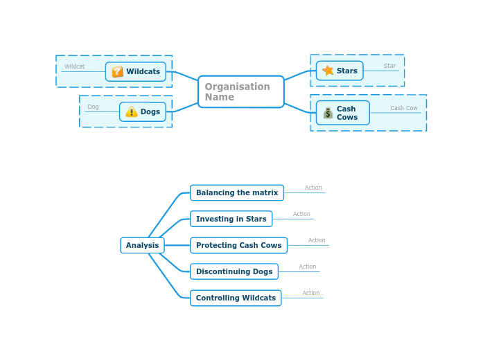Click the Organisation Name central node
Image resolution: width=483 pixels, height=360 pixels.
point(240,91)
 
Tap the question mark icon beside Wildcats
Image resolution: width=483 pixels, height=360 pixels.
point(117,71)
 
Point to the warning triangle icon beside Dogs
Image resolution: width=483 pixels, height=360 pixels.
point(131,111)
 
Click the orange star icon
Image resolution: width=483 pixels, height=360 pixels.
point(328,71)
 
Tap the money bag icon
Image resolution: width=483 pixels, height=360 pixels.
point(328,113)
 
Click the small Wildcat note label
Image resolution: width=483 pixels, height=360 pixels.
point(74,66)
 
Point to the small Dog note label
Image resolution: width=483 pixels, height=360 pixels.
point(93,107)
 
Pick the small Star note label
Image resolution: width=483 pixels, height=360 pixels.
point(389,66)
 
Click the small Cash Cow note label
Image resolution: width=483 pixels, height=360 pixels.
point(404,108)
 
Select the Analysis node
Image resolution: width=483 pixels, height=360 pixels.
point(142,245)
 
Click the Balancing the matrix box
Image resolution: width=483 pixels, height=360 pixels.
point(237,192)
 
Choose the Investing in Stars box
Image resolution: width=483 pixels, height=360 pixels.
point(231,219)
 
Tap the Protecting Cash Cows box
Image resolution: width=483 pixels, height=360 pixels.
point(238,245)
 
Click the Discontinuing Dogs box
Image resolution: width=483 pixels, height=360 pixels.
point(234,271)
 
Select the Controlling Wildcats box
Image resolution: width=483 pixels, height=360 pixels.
point(236,298)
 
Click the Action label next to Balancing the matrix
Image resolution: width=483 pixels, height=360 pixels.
point(313,188)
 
